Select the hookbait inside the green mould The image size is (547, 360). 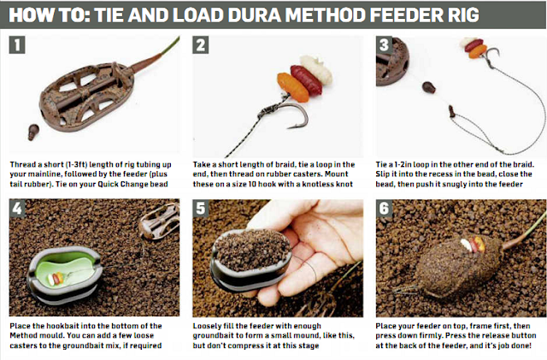pos(57,277)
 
